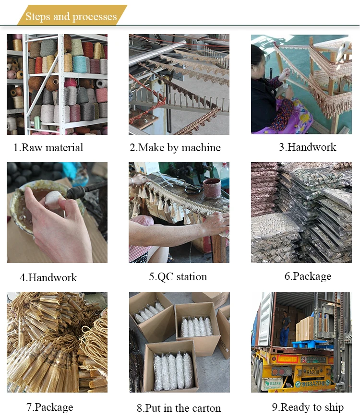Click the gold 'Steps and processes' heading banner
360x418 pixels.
[72, 15]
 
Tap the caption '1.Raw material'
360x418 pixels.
[48, 147]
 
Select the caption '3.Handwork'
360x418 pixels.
[308, 147]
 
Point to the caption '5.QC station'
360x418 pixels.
[178, 277]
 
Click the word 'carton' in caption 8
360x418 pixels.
[206, 408]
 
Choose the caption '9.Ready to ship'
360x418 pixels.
[308, 407]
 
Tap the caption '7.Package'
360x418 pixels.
[49, 407]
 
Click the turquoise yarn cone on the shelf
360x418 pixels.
[80, 64]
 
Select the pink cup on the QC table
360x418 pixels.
[212, 188]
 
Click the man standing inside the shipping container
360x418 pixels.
[285, 328]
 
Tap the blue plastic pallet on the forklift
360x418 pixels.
[309, 344]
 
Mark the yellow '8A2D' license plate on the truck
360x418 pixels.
[312, 371]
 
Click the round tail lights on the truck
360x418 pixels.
[278, 371]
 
